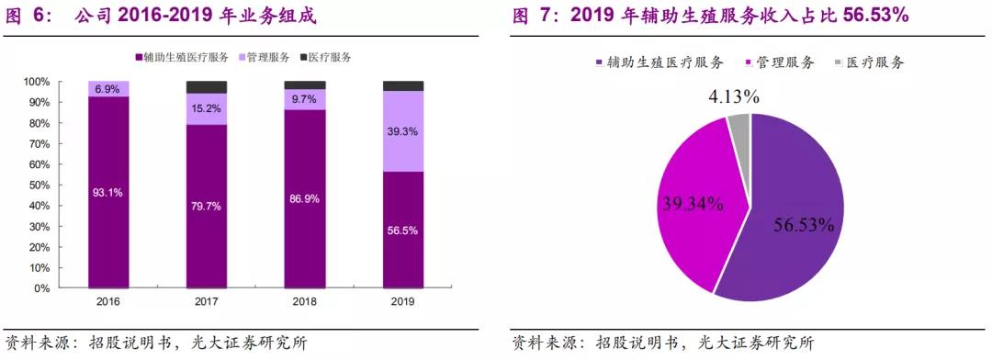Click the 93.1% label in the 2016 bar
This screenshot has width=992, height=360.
(x=108, y=192)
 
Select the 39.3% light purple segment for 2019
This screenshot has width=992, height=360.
(x=403, y=131)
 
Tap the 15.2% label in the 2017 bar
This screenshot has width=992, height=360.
(x=207, y=108)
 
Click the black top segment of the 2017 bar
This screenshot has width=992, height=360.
(x=207, y=87)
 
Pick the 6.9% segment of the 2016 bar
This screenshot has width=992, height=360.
(x=108, y=88)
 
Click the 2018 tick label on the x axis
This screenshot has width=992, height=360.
(x=305, y=301)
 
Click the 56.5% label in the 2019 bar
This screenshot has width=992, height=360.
(x=403, y=231)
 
